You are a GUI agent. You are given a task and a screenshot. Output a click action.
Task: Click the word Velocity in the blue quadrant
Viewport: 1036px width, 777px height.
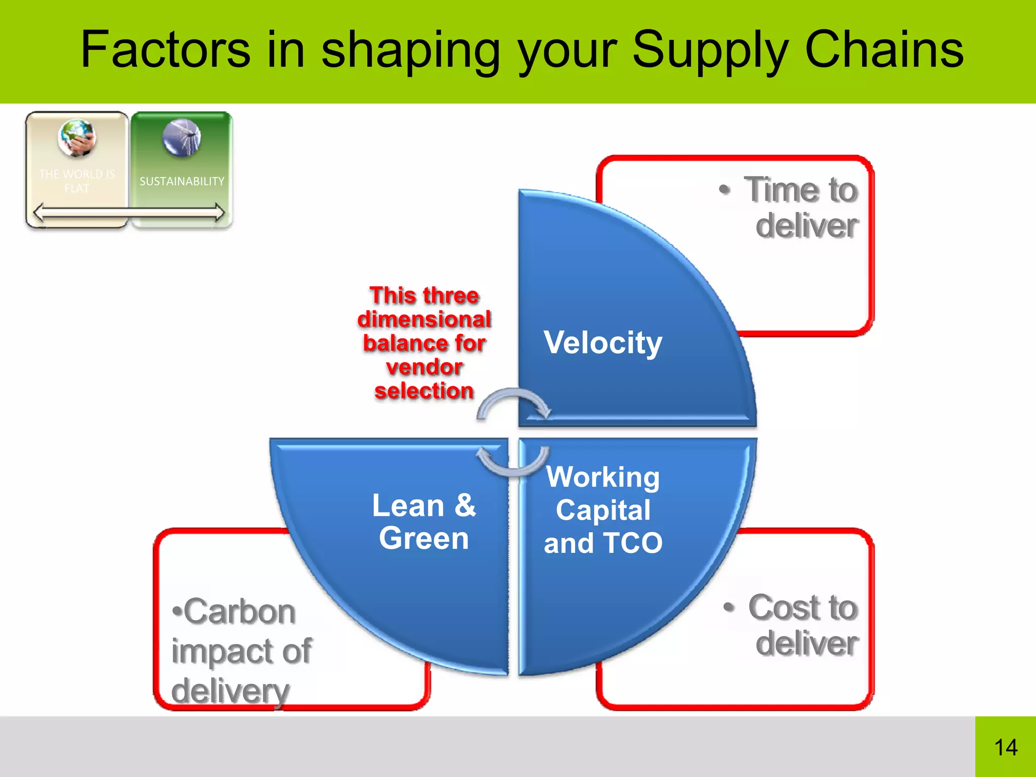click(602, 343)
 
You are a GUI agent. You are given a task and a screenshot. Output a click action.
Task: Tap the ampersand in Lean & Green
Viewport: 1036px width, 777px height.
click(465, 505)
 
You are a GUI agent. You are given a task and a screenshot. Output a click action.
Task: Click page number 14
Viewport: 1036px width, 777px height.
click(1005, 747)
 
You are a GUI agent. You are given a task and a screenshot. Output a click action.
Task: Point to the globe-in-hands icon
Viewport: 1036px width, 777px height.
click(77, 138)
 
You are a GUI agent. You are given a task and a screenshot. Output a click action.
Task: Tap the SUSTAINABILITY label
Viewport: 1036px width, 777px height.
click(182, 181)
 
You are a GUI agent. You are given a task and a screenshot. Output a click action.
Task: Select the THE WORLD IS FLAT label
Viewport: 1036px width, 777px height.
click(77, 181)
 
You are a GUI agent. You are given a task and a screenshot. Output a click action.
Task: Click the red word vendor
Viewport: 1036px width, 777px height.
click(424, 367)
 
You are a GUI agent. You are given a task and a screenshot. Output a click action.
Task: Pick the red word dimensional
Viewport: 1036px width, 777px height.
click(424, 319)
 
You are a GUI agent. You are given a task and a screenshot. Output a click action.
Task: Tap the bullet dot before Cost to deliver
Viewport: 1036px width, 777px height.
click(729, 606)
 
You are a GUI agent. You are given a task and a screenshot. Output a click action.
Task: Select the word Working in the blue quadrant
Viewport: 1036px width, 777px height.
click(602, 477)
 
